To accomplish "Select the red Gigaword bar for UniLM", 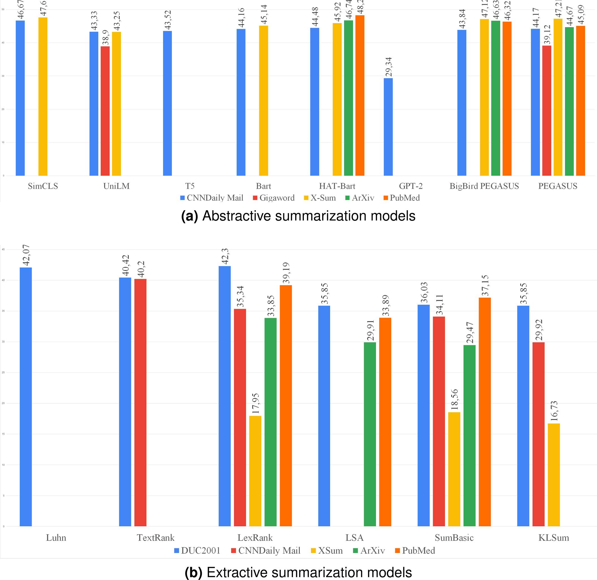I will point(105,111).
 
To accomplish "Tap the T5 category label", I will point(190,186).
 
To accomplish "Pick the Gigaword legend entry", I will point(274,198).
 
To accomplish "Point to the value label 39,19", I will point(286,273).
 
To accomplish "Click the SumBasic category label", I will point(454,538).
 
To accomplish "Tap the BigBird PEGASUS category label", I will point(484,186).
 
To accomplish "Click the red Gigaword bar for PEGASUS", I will point(547,111).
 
